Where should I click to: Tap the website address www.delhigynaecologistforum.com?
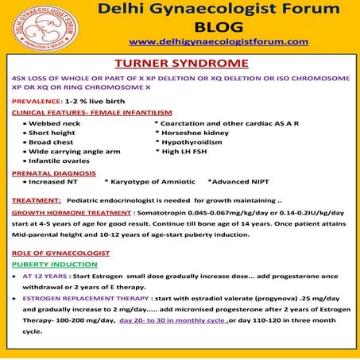[x=219, y=41]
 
